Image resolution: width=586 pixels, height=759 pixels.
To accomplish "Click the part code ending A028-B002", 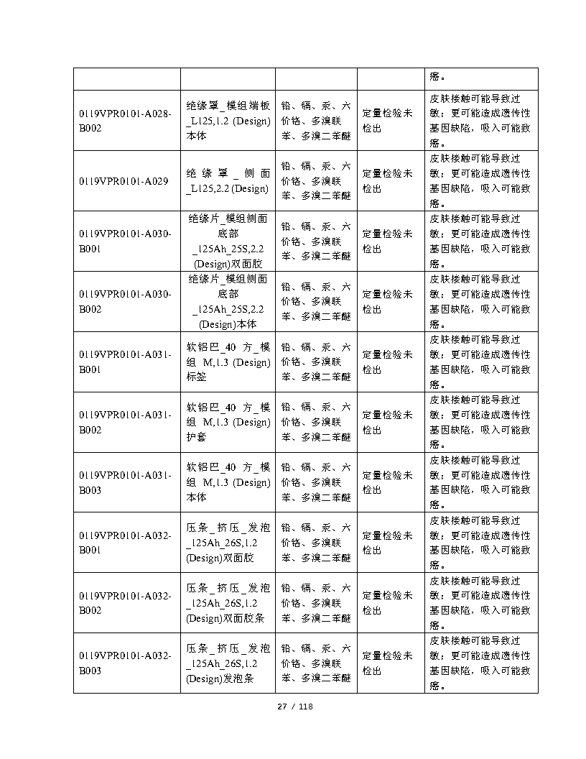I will pos(126,120).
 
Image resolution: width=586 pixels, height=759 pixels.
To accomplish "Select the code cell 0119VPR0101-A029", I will pos(124,181).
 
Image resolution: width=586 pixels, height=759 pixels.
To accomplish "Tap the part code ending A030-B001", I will pos(126,241).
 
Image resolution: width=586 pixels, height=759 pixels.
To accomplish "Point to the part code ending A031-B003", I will pos(126,482).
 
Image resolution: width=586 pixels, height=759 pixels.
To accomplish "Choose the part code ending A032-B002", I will pos(126,603).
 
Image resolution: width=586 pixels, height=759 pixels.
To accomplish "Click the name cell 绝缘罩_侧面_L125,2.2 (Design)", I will pos(228,181).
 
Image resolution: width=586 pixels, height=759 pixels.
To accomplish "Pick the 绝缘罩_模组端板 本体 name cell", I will pos(228,120).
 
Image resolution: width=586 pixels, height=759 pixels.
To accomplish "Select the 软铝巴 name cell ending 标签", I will pos(228,362).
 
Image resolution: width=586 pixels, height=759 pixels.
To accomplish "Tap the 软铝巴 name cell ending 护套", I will pos(228,422).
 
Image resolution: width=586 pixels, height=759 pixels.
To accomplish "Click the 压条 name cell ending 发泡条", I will pos(228,663).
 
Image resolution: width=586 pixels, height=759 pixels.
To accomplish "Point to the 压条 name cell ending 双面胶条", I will pos(228,603).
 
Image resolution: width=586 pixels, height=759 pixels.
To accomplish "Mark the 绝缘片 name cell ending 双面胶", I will pos(228,241).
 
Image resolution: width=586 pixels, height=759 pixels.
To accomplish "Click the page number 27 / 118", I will pos(295,707).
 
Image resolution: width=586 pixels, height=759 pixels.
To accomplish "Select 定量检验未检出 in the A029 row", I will pos(387,181).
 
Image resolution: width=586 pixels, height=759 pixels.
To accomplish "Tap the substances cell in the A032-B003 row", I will pos(316,663).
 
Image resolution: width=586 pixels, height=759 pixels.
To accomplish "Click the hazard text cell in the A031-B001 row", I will pos(480,362).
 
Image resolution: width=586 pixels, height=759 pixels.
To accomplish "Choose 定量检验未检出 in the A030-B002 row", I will pos(387,301).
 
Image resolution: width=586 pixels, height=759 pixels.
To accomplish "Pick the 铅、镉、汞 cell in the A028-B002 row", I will pos(316,120).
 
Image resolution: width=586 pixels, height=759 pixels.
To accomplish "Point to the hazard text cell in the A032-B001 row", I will pos(480,543).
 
